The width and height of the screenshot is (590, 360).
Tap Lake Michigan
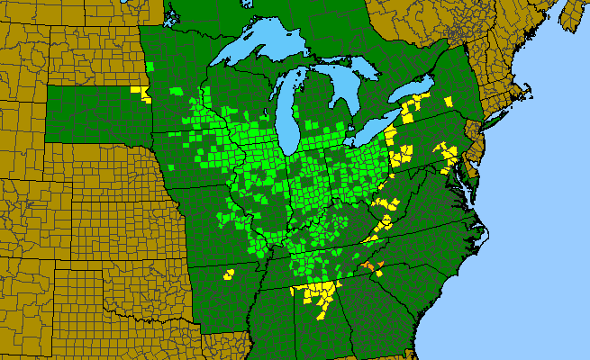click(x=287, y=108)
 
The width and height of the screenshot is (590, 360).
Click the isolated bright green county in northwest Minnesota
click(x=150, y=67)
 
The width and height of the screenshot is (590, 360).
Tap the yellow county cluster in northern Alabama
click(x=317, y=292)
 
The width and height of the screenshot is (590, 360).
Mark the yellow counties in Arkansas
click(x=228, y=274)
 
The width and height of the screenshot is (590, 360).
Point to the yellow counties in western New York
click(x=410, y=112)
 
